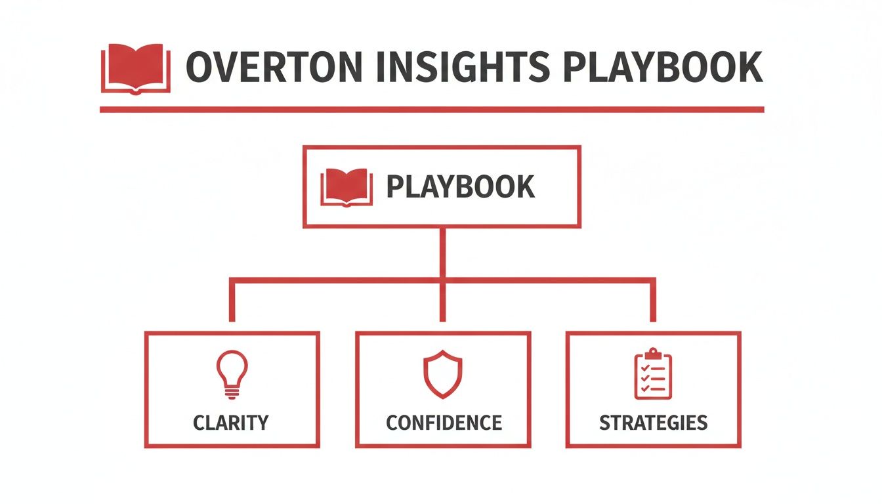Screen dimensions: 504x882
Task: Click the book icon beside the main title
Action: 135,68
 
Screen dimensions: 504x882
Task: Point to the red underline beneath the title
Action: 432,109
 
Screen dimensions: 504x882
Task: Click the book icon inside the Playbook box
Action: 346,186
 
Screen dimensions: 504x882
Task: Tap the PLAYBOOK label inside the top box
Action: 460,187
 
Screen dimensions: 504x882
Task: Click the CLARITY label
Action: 231,422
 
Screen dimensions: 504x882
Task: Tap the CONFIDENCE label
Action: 444,422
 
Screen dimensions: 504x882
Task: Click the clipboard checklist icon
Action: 653,374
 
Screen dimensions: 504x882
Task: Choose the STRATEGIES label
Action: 654,422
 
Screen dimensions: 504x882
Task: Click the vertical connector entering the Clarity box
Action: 232,303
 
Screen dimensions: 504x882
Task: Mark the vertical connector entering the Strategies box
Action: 653,303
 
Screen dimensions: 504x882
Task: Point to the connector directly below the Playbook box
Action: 442,253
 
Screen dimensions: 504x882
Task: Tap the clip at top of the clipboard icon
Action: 653,353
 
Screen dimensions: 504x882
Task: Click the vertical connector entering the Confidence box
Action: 442,305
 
